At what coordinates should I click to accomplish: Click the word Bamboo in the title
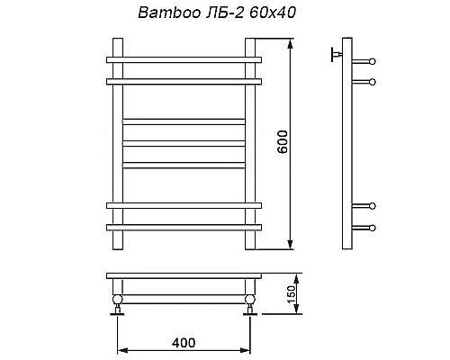[162, 14]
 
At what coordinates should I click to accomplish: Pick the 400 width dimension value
[183, 343]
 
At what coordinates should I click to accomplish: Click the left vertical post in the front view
[116, 144]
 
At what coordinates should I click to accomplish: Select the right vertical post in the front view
[251, 144]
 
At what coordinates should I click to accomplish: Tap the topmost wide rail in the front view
[184, 61]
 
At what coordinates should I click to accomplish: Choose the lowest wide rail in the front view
[184, 227]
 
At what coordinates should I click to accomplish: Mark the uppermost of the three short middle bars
[184, 119]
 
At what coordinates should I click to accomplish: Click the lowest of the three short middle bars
[184, 164]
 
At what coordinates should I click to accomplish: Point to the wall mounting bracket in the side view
[336, 54]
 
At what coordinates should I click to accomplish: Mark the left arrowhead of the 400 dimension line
[121, 350]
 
